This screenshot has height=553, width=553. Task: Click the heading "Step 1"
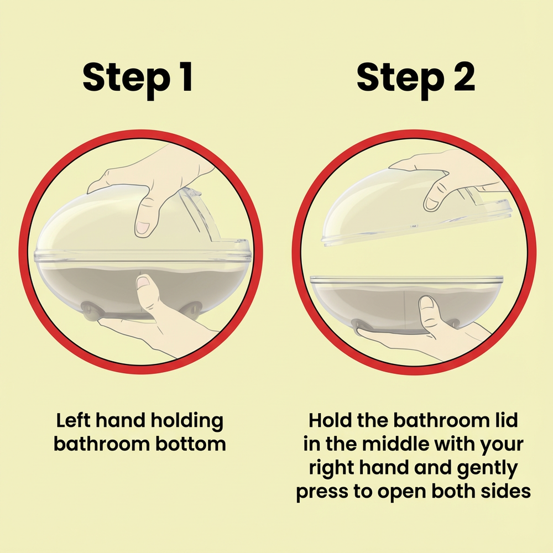(138, 79)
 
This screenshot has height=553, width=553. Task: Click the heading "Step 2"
(415, 79)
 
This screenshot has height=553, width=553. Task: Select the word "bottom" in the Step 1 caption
(190, 444)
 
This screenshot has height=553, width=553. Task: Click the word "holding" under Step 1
(187, 421)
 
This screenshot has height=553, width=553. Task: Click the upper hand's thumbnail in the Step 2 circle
(432, 204)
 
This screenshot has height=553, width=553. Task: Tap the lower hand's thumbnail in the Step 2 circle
(427, 303)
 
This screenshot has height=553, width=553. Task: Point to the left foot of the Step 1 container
(90, 311)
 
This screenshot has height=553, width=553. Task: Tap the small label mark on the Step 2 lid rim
(414, 226)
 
